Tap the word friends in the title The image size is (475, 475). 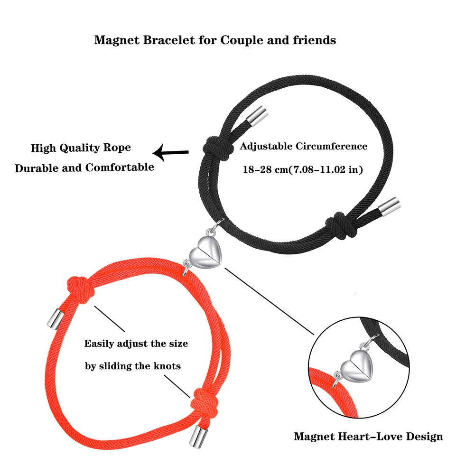[313, 40]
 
